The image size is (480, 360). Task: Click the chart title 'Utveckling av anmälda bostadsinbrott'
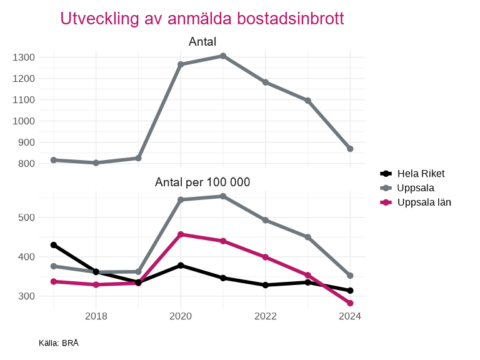(202, 19)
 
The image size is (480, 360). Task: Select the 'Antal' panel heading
(202, 42)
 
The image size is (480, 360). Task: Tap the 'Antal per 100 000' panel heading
(202, 182)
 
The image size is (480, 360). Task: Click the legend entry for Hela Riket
(421, 174)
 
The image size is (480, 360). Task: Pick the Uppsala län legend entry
(424, 202)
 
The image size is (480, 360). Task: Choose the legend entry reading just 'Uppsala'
(416, 187)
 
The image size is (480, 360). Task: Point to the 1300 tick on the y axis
(23, 57)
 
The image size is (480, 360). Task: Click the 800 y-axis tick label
(26, 164)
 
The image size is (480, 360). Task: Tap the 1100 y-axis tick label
(23, 100)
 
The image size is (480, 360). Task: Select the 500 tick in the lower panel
(26, 217)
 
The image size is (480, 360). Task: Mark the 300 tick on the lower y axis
(26, 296)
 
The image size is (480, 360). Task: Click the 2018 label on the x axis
(96, 316)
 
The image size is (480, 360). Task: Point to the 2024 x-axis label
(350, 316)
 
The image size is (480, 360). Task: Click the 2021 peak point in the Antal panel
(223, 56)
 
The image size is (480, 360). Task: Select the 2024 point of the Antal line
(350, 149)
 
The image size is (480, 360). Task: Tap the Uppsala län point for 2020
(181, 234)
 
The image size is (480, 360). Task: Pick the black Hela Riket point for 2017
(54, 245)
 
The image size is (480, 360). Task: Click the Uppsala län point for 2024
(350, 303)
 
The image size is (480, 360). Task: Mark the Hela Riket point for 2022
(266, 285)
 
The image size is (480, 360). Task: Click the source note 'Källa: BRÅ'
(59, 343)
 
